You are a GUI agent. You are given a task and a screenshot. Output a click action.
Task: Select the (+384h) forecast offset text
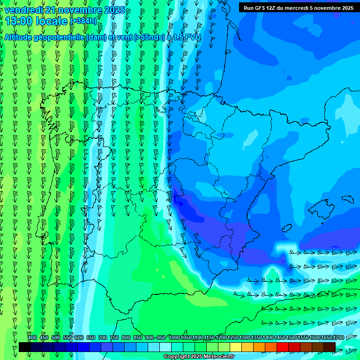pyautogui.click(x=83, y=21)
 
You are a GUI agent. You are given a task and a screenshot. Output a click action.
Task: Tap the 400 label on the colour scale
pyautogui.click(x=32, y=337)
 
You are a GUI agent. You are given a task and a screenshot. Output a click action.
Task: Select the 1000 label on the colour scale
pyautogui.click(x=174, y=337)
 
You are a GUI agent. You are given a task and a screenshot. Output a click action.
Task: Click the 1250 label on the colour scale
pyautogui.click(x=233, y=337)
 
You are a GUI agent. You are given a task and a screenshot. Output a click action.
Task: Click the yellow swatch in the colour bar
pyautogui.click(x=236, y=347)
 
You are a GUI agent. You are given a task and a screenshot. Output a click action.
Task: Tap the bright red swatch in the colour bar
pyautogui.click(x=283, y=347)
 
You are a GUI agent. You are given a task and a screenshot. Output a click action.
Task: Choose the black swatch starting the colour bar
pyautogui.click(x=25, y=347)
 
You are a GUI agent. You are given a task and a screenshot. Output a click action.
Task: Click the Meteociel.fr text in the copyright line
pyautogui.click(x=216, y=357)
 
